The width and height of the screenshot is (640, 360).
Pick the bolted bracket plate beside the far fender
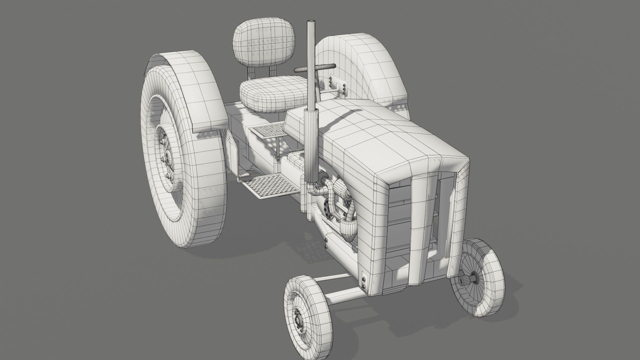pyautogui.click(x=338, y=85)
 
